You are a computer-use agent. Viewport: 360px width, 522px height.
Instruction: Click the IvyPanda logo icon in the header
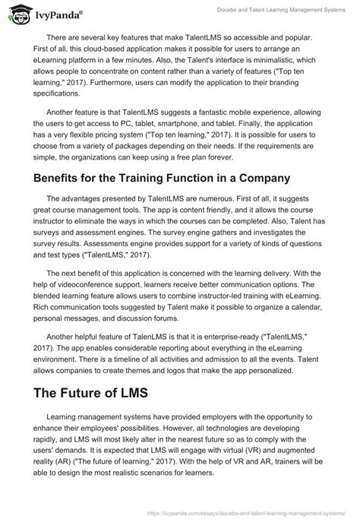[x=16, y=12]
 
